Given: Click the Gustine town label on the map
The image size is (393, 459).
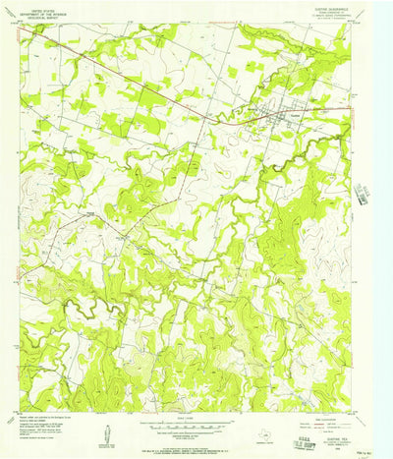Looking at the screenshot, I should click(x=293, y=114).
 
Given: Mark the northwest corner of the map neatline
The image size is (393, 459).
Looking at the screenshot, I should click(x=21, y=26).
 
